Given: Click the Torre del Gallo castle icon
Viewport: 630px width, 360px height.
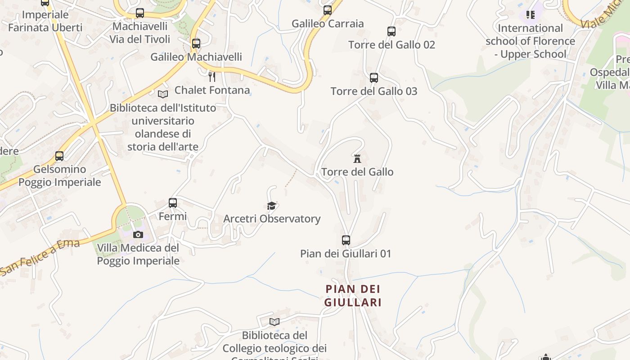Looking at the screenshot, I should click(357, 158).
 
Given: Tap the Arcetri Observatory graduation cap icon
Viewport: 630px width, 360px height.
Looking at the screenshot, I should click(271, 206).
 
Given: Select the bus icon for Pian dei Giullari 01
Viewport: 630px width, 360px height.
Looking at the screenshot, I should click(346, 240).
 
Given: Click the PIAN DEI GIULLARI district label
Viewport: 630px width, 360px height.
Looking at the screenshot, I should click(353, 295).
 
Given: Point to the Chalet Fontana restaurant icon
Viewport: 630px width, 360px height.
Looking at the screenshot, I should click(212, 76).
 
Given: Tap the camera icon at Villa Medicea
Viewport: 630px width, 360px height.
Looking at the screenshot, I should click(138, 234).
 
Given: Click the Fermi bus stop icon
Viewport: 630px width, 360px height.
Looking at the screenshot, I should click(173, 203).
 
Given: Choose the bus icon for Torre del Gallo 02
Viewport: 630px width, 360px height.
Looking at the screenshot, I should click(391, 31).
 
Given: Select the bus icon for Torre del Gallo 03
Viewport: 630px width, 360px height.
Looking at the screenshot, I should click(373, 78).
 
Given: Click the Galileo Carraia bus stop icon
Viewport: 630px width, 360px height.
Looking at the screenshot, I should click(328, 10).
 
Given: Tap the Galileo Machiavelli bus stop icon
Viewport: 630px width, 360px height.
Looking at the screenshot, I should click(196, 44).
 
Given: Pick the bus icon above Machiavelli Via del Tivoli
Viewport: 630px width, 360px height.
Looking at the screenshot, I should click(140, 13).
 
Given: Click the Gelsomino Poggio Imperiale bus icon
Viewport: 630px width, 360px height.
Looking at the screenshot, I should click(59, 156).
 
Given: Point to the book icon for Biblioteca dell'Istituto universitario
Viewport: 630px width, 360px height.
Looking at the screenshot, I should click(162, 94).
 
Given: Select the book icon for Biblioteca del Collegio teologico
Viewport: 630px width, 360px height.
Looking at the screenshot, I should click(274, 322).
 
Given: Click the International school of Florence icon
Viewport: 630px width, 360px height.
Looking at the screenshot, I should click(531, 15).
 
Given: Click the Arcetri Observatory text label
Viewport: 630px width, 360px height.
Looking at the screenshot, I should click(272, 219).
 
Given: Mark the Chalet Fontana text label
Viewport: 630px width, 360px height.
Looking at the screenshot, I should click(212, 90).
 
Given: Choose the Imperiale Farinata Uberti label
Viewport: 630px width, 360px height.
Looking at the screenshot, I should click(45, 21).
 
